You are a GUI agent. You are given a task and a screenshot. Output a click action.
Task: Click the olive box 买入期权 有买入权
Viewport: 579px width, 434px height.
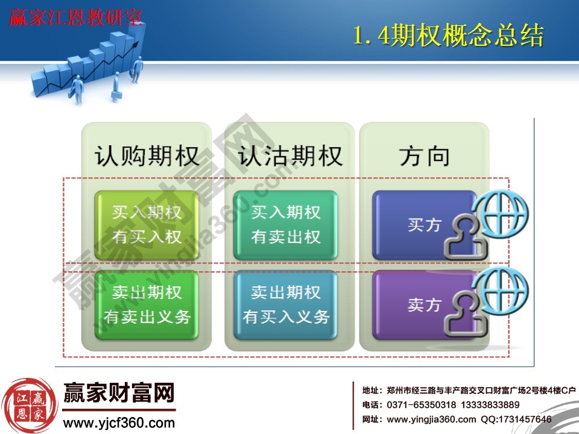(x=147, y=225)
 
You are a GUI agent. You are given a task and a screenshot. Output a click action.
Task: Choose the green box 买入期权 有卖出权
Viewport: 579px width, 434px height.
(x=286, y=225)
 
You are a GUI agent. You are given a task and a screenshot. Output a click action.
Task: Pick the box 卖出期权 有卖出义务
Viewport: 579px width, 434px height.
(x=147, y=305)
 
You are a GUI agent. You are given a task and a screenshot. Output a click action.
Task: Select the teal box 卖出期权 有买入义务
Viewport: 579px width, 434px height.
(x=286, y=305)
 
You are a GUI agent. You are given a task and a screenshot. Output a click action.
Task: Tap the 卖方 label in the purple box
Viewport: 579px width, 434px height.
(x=424, y=305)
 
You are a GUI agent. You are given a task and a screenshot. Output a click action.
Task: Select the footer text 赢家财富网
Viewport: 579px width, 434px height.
(x=119, y=395)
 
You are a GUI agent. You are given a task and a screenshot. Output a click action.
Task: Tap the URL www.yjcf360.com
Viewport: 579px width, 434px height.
(x=119, y=423)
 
